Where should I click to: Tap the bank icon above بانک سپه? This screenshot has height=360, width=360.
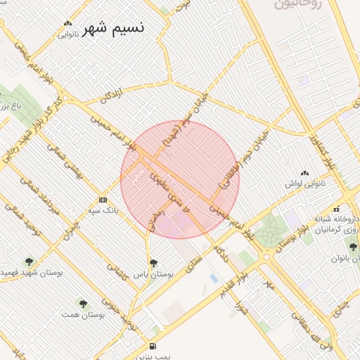[103, 200]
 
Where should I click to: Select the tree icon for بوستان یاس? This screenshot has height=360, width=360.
[154, 262]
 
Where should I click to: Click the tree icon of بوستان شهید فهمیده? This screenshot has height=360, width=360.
[29, 262]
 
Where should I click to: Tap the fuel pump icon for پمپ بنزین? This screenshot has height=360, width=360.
[153, 346]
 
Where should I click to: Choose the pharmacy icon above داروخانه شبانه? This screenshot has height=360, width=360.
[337, 208]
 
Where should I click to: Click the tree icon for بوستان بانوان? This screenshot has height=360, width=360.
[353, 246]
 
